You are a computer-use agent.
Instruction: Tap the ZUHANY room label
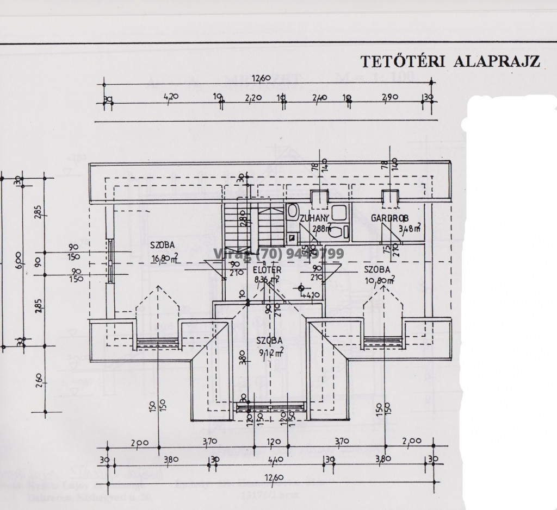(x=313, y=218)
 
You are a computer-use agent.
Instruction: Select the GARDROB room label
(x=389, y=218)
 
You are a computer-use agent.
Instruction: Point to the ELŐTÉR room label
(x=267, y=270)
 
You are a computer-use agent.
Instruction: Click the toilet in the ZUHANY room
(x=337, y=232)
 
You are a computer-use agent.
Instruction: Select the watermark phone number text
(x=278, y=254)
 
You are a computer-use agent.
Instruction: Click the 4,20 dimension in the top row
(x=171, y=97)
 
